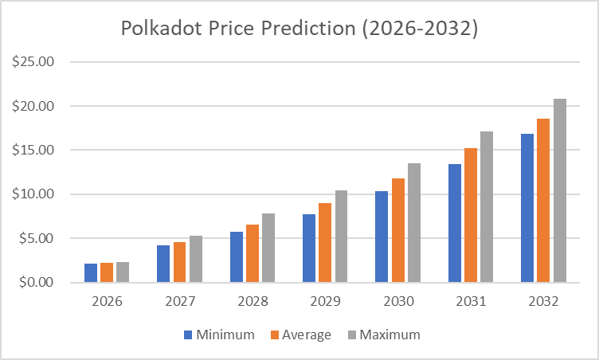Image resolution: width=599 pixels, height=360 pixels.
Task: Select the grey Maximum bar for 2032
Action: tap(560, 190)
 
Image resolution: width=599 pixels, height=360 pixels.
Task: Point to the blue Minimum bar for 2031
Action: tap(455, 223)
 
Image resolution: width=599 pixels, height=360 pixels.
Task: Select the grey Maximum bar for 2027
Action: tap(196, 259)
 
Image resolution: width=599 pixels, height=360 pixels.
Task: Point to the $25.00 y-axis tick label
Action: tap(32, 62)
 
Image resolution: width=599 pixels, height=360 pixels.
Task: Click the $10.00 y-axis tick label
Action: tap(32, 194)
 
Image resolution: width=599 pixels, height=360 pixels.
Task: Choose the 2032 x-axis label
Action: tap(543, 303)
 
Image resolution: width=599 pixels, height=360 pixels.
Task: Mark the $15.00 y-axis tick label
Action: tap(32, 151)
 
